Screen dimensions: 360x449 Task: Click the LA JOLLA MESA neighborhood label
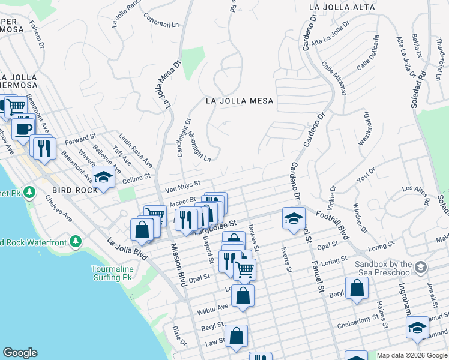(240, 101)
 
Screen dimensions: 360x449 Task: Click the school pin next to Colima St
(104, 178)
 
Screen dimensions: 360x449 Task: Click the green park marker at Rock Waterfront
(75, 242)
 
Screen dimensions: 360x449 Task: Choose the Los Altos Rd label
(415, 194)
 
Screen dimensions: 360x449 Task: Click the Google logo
(20, 353)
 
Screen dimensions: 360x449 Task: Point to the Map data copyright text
(411, 355)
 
